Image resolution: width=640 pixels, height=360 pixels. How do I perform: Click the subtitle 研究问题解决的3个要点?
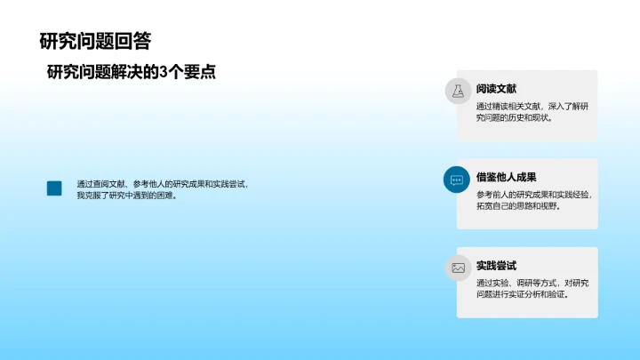(x=132, y=73)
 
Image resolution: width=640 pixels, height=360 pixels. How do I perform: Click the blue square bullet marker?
(x=54, y=188)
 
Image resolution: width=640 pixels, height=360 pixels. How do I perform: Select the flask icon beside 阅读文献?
(x=458, y=91)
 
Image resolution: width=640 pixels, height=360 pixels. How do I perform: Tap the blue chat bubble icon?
(x=458, y=179)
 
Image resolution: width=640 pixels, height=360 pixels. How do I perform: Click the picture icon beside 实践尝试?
(x=458, y=267)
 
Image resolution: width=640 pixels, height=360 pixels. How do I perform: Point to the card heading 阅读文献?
(x=496, y=88)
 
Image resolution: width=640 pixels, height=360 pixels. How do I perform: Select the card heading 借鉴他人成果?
(x=507, y=177)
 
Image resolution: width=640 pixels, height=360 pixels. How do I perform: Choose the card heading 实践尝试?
(x=496, y=265)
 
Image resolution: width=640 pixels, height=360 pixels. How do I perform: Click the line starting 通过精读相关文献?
(x=532, y=106)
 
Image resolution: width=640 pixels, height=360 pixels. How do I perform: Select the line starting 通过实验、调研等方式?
(x=532, y=283)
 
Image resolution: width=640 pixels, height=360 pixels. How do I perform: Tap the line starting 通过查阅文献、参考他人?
(x=162, y=183)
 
